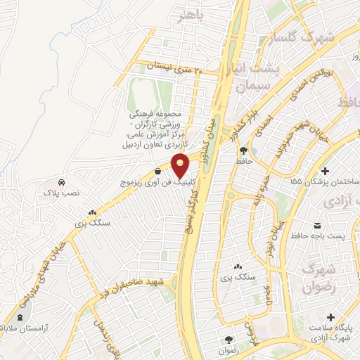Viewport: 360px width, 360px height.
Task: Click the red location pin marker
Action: click(181, 166)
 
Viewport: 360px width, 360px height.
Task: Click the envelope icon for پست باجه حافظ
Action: click(317, 225)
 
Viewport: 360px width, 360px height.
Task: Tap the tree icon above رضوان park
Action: click(229, 339)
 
